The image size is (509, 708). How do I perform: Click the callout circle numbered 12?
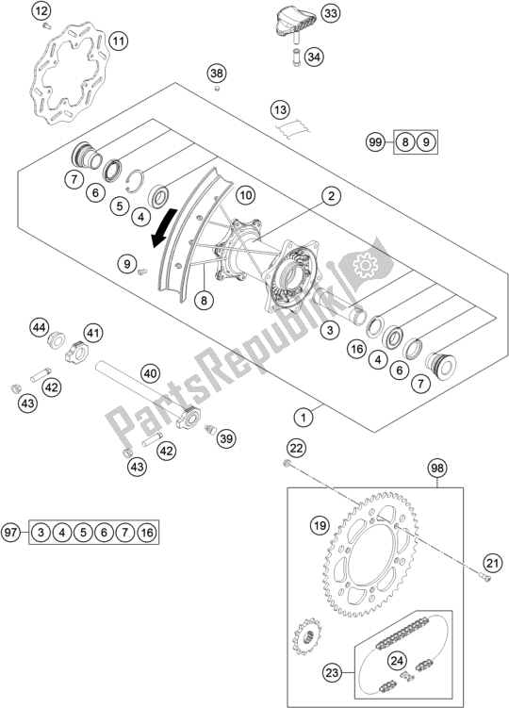(41, 12)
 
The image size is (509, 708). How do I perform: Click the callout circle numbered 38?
(218, 74)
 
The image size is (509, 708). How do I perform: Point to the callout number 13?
(280, 109)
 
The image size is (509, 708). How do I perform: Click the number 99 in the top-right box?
(375, 142)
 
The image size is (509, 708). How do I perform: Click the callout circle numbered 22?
(295, 448)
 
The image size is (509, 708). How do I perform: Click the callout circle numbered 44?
(39, 328)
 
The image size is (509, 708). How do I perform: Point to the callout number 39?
(225, 438)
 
